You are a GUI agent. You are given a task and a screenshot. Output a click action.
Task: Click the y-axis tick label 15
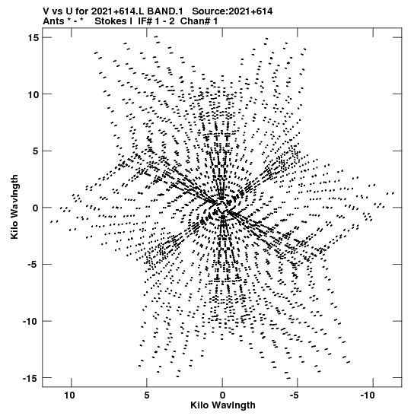point(33,38)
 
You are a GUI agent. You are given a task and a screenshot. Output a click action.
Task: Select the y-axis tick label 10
point(33,94)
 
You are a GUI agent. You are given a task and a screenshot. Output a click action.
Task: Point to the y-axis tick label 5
point(36,151)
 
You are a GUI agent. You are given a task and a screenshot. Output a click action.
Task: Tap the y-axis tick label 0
point(36,208)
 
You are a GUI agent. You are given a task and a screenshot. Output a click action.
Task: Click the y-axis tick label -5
point(33,265)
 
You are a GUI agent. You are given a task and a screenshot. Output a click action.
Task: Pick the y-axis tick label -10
point(30,322)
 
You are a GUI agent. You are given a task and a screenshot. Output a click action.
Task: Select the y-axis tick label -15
point(30,378)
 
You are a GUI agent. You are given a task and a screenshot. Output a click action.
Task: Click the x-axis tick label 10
point(69,395)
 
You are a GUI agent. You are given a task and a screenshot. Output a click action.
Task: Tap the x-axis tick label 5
point(147,395)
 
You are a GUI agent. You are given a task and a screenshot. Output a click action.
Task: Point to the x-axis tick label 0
point(222,395)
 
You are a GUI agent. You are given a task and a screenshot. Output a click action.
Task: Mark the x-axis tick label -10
point(368,395)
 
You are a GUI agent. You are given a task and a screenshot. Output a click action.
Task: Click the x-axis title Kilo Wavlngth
point(223,405)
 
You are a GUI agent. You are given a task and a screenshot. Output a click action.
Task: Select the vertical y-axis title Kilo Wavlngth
point(14,207)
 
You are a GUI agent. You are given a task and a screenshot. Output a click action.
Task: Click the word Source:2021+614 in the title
point(232,11)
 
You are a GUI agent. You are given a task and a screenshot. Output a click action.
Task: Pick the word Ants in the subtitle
point(53,21)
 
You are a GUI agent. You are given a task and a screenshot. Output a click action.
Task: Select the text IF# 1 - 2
point(156,21)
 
